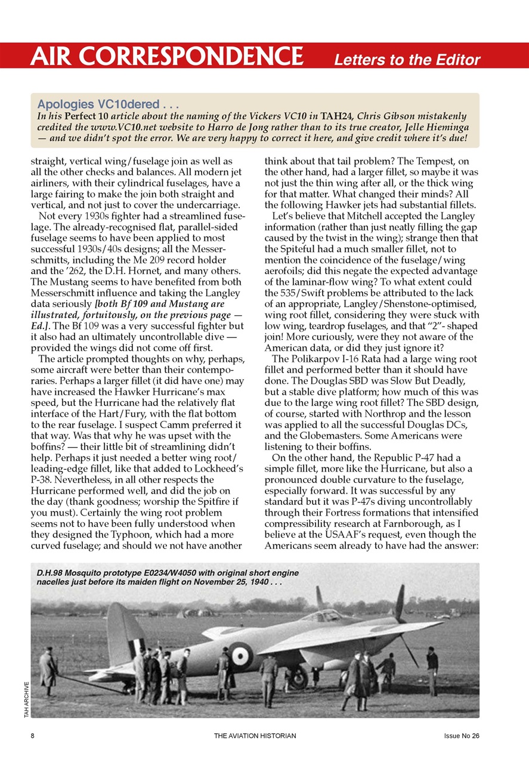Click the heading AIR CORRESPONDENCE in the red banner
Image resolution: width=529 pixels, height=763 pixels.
click(168, 57)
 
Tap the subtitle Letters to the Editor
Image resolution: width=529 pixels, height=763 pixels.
click(407, 60)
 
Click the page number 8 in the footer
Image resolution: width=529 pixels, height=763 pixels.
click(33, 736)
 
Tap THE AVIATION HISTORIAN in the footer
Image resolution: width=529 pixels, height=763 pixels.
click(255, 736)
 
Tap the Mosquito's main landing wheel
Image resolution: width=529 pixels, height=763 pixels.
click(298, 678)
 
